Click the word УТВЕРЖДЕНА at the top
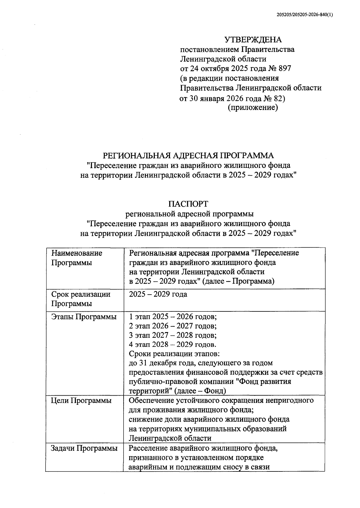(x=253, y=40)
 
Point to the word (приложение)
(x=253, y=107)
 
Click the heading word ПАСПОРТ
(x=188, y=204)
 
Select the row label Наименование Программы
(x=76, y=258)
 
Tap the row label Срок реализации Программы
(x=80, y=299)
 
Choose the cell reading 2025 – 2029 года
(x=158, y=294)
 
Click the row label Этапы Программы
(x=84, y=317)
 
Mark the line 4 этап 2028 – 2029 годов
(x=172, y=344)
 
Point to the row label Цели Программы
(x=81, y=401)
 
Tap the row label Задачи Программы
(x=84, y=449)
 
